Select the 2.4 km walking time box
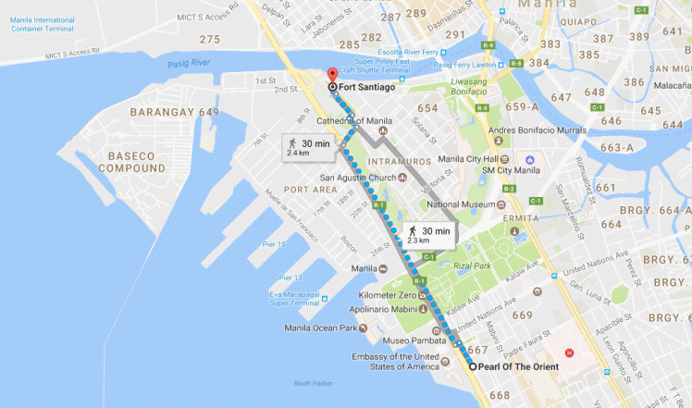pos(304,146)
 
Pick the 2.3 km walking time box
pos(429,235)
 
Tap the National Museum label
pos(464,204)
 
